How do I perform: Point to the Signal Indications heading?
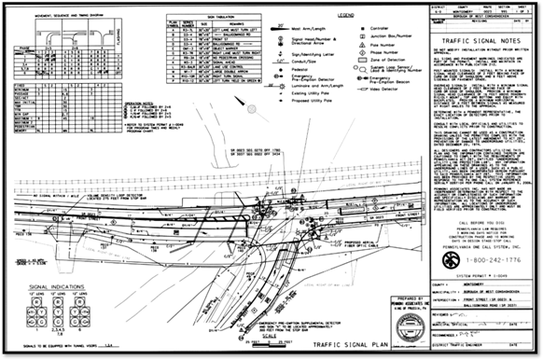40,275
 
